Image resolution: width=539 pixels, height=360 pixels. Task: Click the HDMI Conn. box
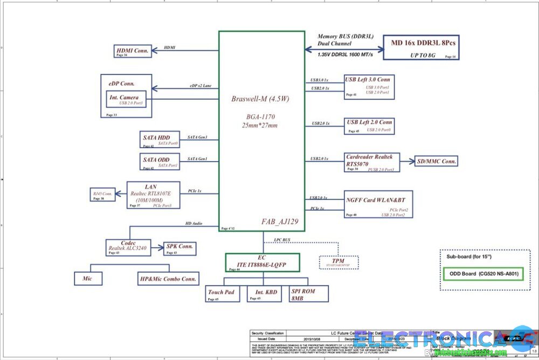coord(132,52)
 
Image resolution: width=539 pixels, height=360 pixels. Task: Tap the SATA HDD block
coord(156,140)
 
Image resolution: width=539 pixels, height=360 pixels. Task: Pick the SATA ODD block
coord(156,162)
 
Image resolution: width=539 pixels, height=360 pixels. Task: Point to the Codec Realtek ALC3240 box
coord(128,247)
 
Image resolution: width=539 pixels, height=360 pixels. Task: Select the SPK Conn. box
coord(180,248)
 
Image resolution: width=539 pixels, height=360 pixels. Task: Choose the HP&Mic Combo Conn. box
coord(168,278)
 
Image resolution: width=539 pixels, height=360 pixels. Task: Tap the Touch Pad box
coord(221,294)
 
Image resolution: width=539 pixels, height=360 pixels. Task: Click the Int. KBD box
coord(266,294)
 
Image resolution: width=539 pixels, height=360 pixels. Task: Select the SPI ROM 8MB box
coord(308,294)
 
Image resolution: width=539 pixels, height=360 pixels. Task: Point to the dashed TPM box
coord(338,262)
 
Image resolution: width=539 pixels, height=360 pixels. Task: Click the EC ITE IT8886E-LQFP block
coord(261,261)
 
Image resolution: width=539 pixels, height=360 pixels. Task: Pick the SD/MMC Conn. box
coord(437,161)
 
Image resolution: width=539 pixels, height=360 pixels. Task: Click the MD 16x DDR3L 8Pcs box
coord(420,47)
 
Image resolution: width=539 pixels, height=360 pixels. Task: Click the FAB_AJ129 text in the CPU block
coord(280,221)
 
